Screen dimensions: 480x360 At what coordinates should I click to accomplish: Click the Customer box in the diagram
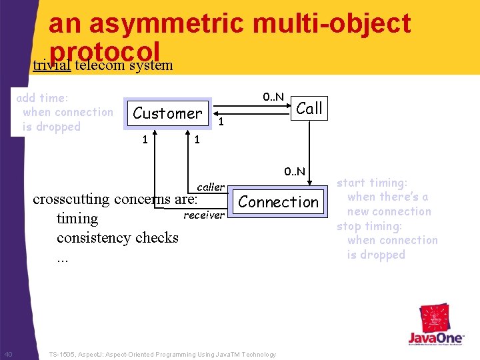point(167,113)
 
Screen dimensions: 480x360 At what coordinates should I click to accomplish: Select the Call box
point(309,108)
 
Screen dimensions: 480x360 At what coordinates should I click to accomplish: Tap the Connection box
point(279,202)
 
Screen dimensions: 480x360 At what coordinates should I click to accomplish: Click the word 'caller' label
point(211,187)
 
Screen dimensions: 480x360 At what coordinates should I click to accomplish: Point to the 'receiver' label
point(204,215)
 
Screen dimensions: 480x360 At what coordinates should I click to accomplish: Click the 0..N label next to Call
point(273,97)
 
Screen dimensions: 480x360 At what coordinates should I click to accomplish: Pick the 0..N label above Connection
point(294,171)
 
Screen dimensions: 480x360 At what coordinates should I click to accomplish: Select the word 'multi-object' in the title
point(333,23)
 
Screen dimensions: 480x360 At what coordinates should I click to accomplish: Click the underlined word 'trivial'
point(52,65)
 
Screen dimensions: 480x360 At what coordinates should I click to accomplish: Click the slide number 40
point(8,353)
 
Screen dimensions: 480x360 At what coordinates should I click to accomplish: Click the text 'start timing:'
point(371,183)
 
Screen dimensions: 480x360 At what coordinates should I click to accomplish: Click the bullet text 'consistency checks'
point(117,237)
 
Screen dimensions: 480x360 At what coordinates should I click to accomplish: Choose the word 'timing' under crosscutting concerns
point(77,219)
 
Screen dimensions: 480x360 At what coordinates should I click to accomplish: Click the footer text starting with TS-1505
point(162,355)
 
